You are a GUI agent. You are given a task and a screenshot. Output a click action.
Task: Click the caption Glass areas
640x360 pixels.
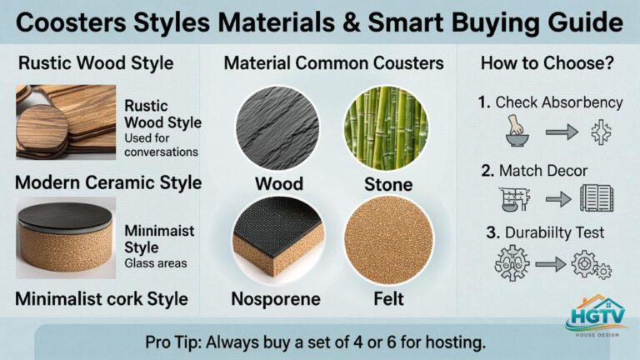[154, 262]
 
